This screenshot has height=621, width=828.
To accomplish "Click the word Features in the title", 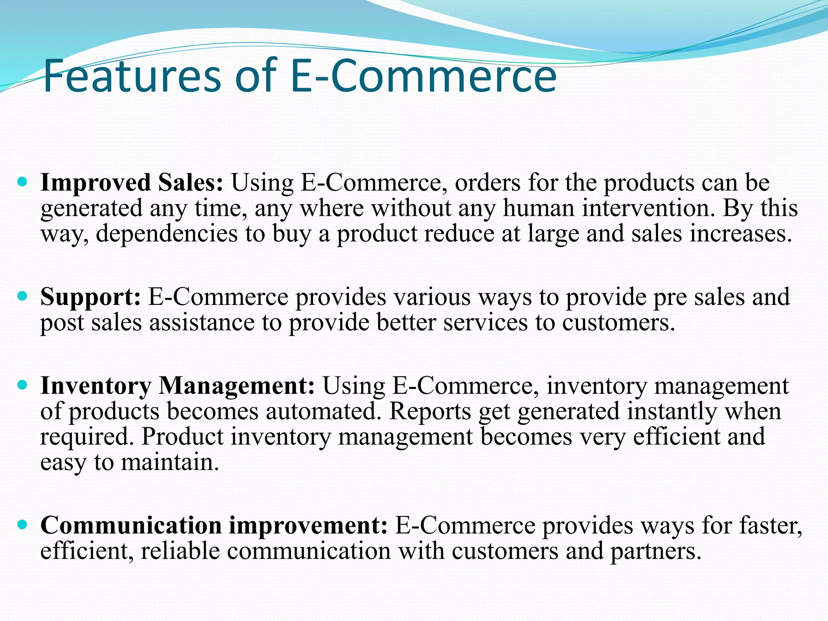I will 132,76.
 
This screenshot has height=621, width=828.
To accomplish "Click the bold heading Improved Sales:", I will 131,183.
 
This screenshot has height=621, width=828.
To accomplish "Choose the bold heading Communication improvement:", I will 214,526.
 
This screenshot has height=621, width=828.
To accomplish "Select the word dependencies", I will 167,235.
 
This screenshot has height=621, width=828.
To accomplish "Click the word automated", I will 323,412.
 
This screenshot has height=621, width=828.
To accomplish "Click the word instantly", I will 672,412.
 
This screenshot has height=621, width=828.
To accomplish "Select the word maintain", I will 170,463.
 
